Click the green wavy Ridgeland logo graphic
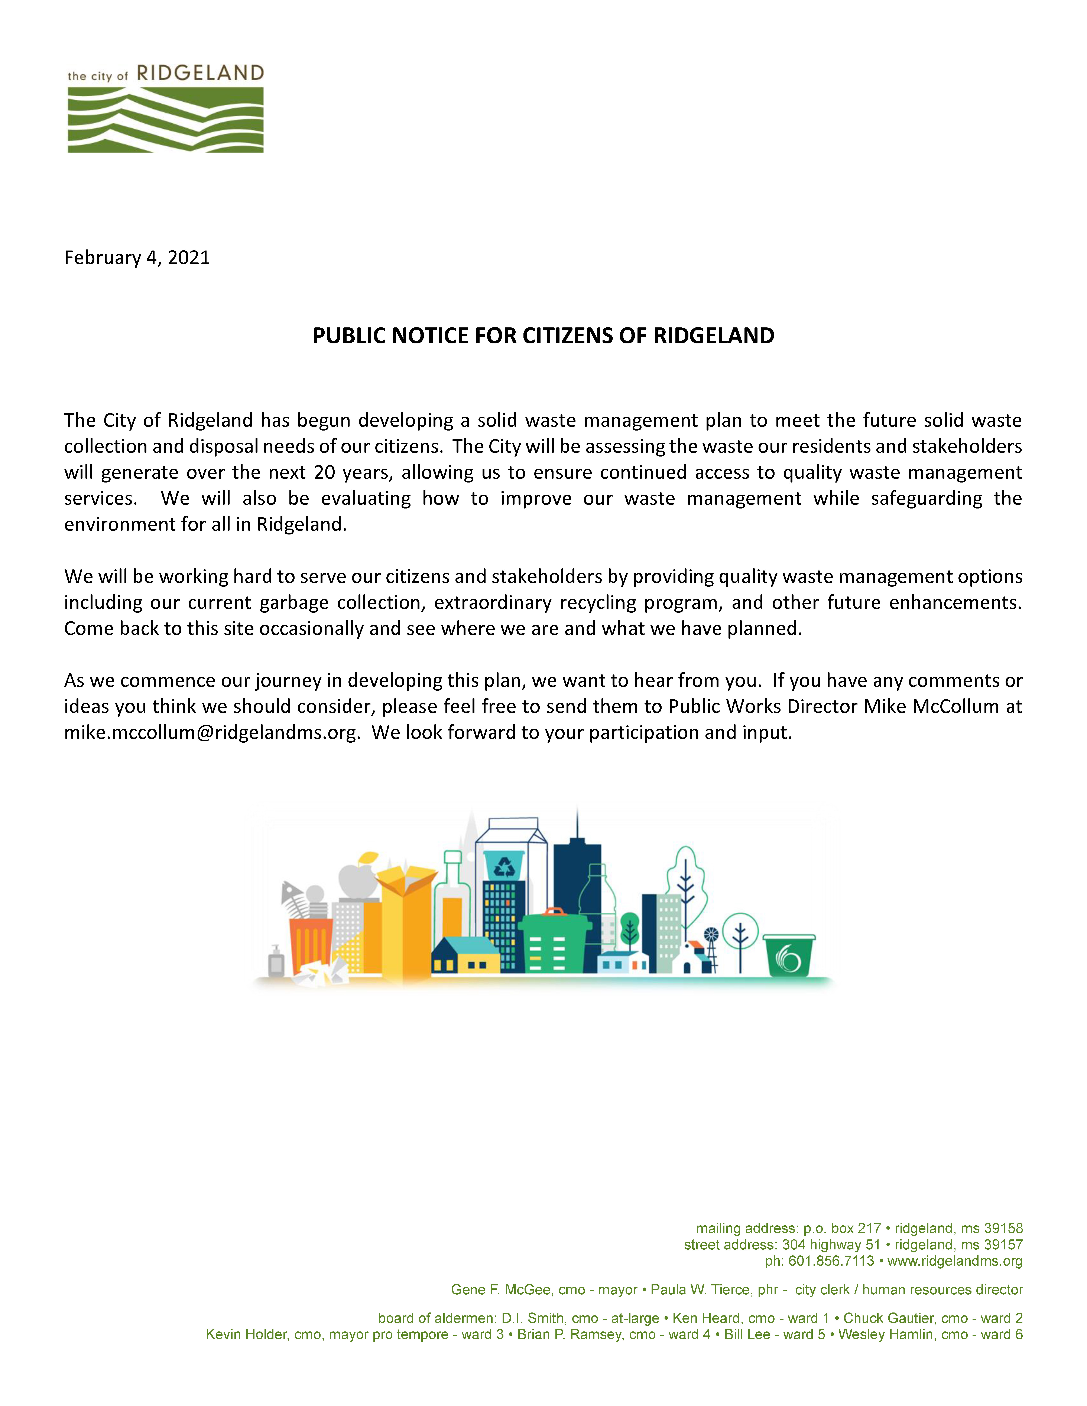point(165,120)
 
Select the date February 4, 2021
point(137,258)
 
